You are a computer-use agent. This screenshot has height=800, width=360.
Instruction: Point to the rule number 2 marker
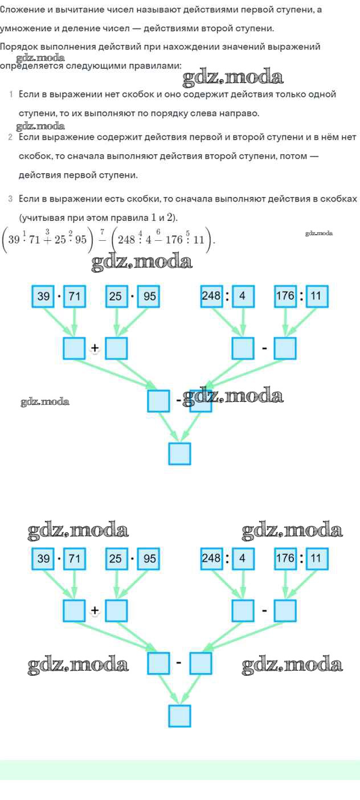point(10,137)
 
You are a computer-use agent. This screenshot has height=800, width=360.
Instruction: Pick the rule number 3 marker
point(10,199)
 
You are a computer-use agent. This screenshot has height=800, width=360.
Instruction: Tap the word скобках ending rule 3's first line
point(337,199)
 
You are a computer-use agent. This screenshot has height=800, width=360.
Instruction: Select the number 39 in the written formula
point(13,239)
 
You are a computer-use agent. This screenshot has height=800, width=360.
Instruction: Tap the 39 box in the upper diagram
point(43,297)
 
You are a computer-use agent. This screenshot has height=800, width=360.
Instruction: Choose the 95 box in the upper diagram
point(149,297)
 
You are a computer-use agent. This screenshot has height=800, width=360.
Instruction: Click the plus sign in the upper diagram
point(95,350)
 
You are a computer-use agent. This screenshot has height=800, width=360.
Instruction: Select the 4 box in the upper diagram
point(243,297)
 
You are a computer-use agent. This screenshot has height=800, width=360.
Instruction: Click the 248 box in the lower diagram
point(211,559)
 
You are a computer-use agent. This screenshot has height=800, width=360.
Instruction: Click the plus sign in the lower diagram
point(95,611)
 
